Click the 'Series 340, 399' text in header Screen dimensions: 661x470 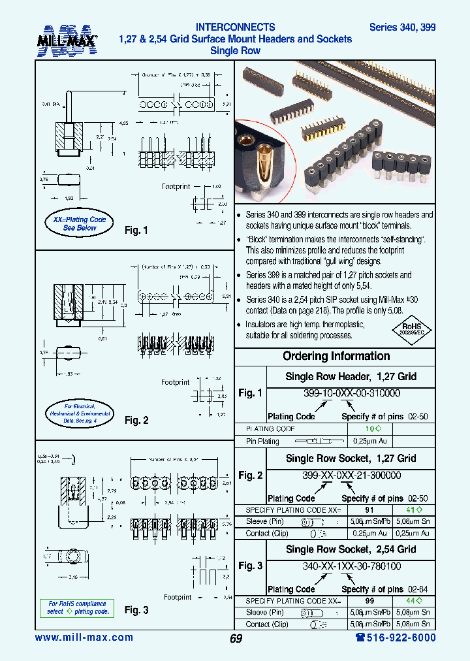[402, 27]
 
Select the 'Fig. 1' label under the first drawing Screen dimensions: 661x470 [136, 231]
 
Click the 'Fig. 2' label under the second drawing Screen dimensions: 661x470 [136, 421]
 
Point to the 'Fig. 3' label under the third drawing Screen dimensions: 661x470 [136, 610]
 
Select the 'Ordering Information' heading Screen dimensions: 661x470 [336, 357]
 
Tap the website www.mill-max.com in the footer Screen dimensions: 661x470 [84, 637]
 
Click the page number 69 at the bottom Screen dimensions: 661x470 [236, 639]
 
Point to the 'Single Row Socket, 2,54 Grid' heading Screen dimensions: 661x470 [351, 549]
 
